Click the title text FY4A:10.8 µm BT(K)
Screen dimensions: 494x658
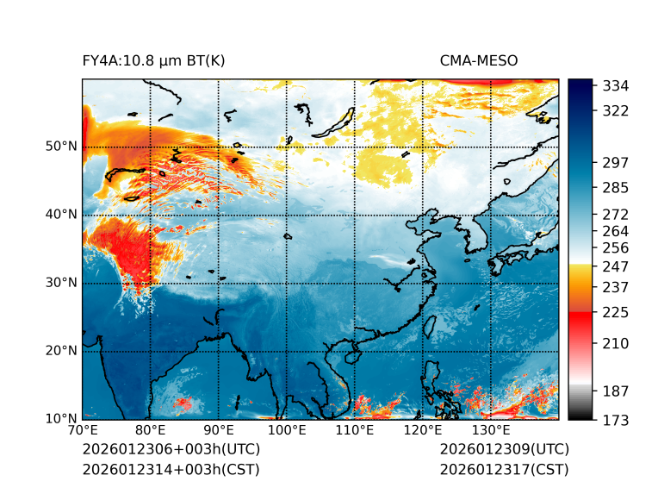153,60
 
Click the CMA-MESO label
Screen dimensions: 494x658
478,60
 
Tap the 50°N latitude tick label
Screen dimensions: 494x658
61,147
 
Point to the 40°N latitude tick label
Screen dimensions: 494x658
61,215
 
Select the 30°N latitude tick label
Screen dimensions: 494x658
61,283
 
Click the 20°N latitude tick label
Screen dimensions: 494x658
61,351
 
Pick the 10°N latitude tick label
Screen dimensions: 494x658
61,419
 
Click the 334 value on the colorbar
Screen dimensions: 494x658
616,86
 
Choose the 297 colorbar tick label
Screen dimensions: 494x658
616,163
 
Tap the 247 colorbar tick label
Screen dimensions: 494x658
616,266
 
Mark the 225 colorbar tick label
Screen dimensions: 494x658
616,312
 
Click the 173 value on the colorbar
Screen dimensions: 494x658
616,420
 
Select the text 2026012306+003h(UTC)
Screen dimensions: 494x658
171,450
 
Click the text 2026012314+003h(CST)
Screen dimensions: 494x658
171,470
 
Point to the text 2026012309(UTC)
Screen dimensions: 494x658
504,450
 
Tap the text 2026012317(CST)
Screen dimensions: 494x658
504,470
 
